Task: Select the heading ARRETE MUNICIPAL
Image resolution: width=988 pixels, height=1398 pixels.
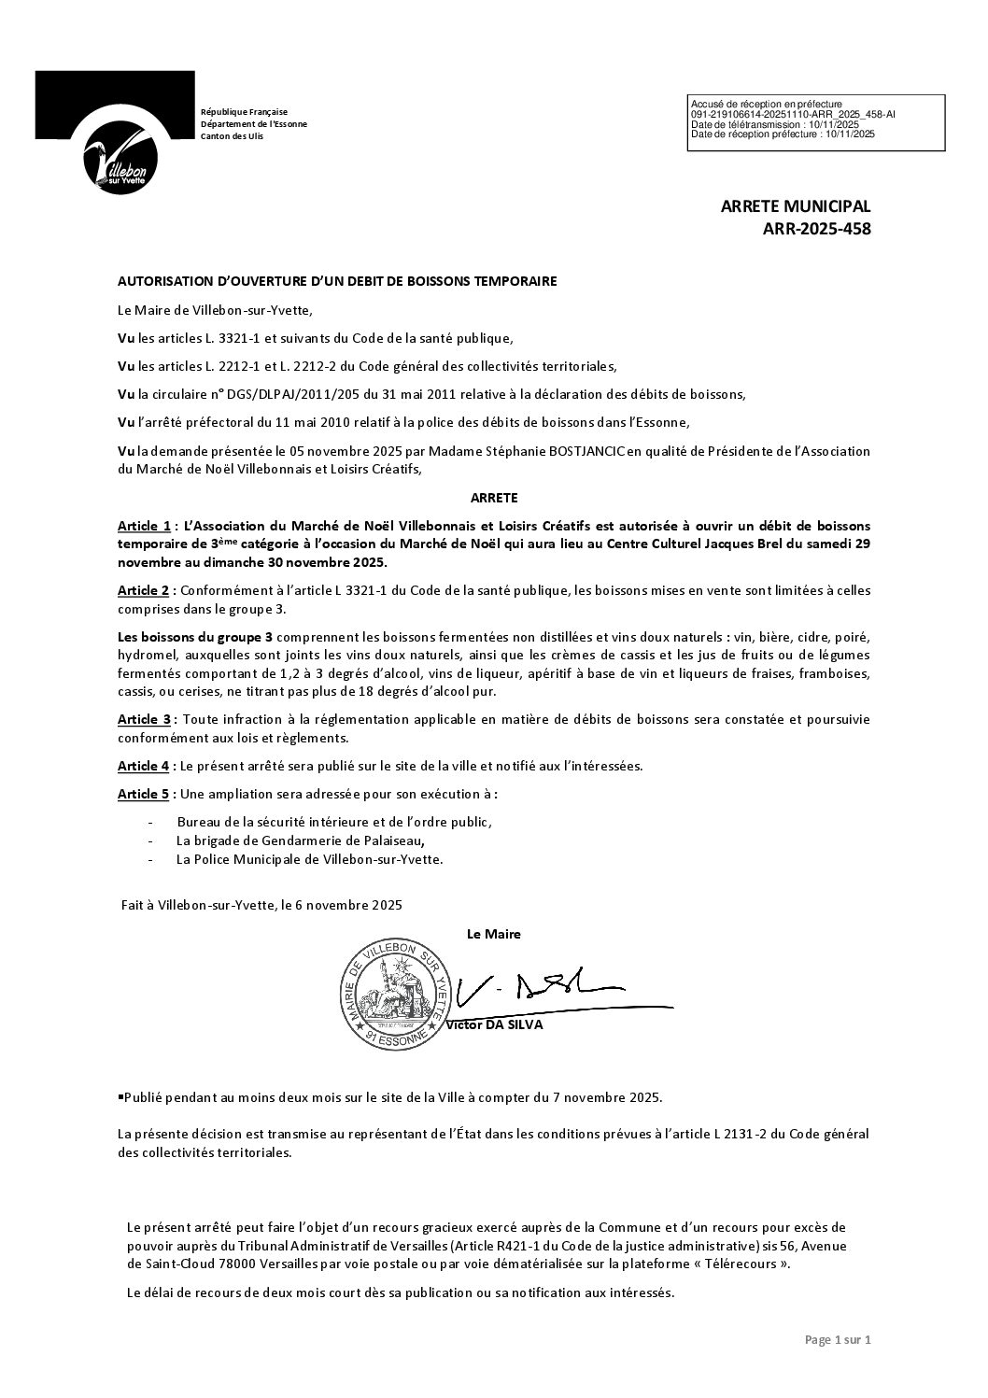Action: pos(795,206)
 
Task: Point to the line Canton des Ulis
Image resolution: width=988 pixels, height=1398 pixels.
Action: pos(233,136)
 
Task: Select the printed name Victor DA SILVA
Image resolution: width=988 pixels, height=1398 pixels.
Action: pos(495,1024)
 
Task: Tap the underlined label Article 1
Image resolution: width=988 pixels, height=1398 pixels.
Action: pos(144,527)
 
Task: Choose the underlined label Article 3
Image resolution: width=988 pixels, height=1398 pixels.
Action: pos(144,719)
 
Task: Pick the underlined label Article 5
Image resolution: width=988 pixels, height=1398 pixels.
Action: pos(144,794)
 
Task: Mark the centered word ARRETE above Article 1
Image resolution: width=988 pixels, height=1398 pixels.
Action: pos(494,498)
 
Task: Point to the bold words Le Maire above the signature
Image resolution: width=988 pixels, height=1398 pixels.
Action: pos(493,934)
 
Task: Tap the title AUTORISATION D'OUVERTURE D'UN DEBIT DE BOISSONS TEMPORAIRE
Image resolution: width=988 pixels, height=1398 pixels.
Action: pos(337,280)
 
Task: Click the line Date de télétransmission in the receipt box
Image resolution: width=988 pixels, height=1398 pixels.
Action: pos(774,124)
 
